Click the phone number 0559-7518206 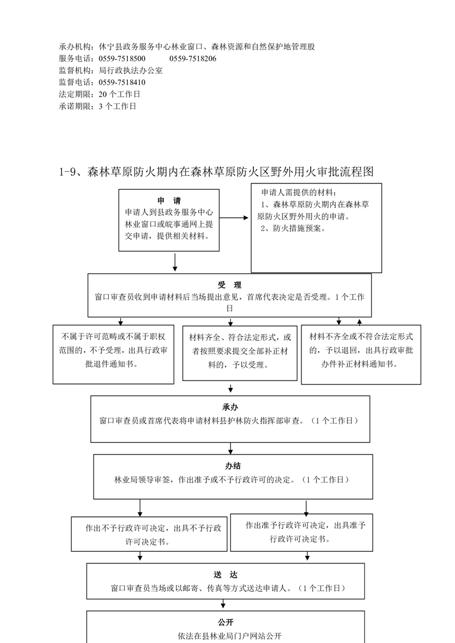pyautogui.click(x=193, y=58)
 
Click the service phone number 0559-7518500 pyautogui.click(x=122, y=58)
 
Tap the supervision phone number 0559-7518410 pyautogui.click(x=122, y=83)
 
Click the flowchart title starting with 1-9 pyautogui.click(x=217, y=172)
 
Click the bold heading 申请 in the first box pyautogui.click(x=169, y=201)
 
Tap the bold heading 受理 pyautogui.click(x=230, y=285)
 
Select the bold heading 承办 pyautogui.click(x=230, y=407)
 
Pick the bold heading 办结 pyautogui.click(x=233, y=466)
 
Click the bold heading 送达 pyautogui.click(x=225, y=575)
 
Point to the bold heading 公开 pyautogui.click(x=225, y=622)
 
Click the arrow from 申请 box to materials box pyautogui.click(x=234, y=218)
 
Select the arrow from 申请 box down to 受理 pyautogui.click(x=175, y=262)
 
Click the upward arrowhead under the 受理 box pyautogui.click(x=359, y=322)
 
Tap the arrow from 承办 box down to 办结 pyautogui.click(x=230, y=448)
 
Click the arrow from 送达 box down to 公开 pyautogui.click(x=223, y=604)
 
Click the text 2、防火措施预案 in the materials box pyautogui.click(x=293, y=229)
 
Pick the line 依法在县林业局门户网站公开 pyautogui.click(x=230, y=636)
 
